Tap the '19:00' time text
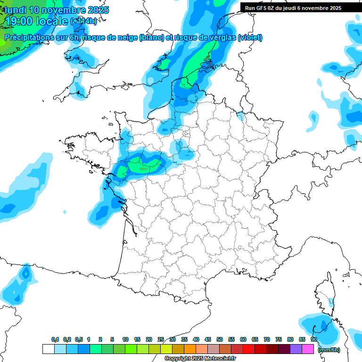19,21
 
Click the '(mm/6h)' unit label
329,349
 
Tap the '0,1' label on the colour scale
55,340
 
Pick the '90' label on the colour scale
313,340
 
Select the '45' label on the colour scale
208,340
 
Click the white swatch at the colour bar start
48,349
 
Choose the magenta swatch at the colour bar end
308,349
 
